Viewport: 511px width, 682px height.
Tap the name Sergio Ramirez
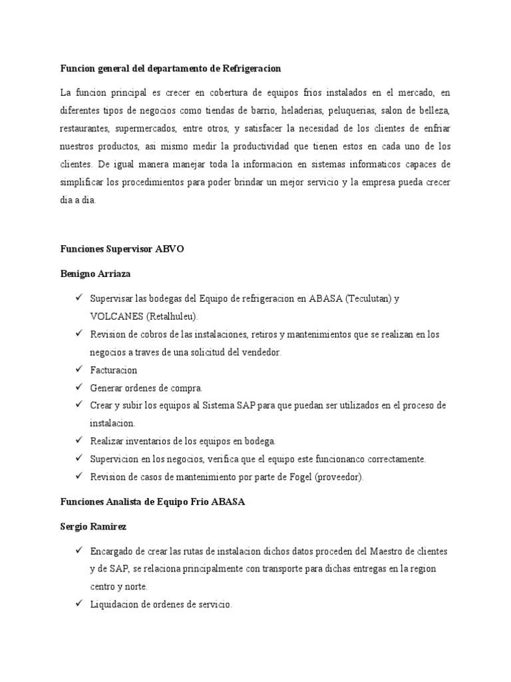[93, 526]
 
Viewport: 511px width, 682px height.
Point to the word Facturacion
[113, 370]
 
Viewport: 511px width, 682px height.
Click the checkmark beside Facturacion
[78, 369]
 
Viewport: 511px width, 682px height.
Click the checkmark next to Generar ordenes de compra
[78, 387]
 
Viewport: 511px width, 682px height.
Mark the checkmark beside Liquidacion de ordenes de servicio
[78, 603]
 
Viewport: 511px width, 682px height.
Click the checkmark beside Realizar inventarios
[78, 441]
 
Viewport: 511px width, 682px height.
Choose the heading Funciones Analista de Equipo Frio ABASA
[153, 502]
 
